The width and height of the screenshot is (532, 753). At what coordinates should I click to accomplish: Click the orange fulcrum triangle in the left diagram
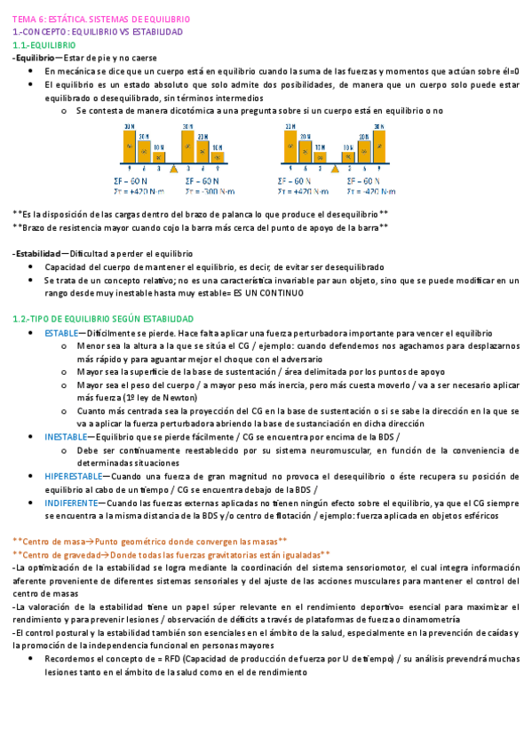coord(173,167)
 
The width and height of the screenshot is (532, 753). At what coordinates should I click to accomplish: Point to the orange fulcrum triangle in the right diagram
coord(335,167)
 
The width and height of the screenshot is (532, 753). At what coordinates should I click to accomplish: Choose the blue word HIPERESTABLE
coord(71,476)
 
